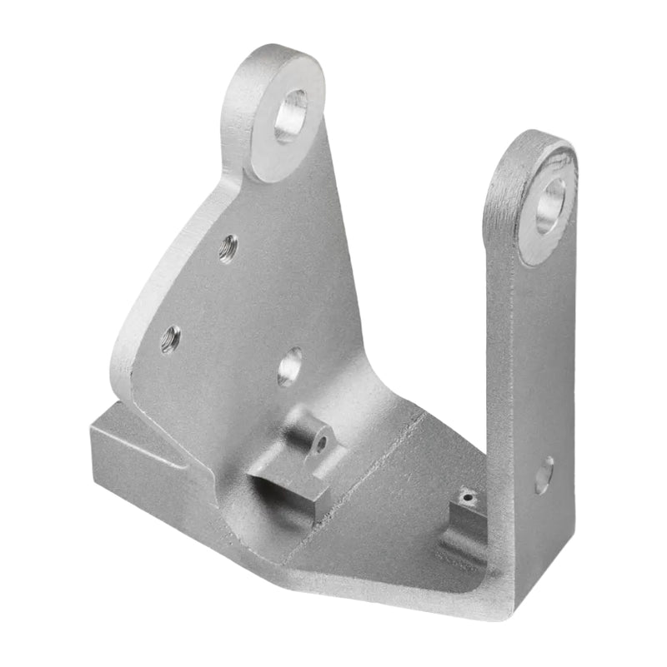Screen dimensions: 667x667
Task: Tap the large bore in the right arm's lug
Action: (549, 206)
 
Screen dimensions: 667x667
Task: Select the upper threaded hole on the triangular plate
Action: (228, 248)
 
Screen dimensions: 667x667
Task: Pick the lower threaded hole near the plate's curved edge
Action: (170, 339)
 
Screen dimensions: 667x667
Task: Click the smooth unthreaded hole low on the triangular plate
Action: (289, 366)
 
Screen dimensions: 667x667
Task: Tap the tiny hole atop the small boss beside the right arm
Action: (469, 499)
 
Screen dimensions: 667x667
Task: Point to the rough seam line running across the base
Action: (367, 483)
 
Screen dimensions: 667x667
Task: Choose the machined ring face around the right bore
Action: (534, 241)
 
